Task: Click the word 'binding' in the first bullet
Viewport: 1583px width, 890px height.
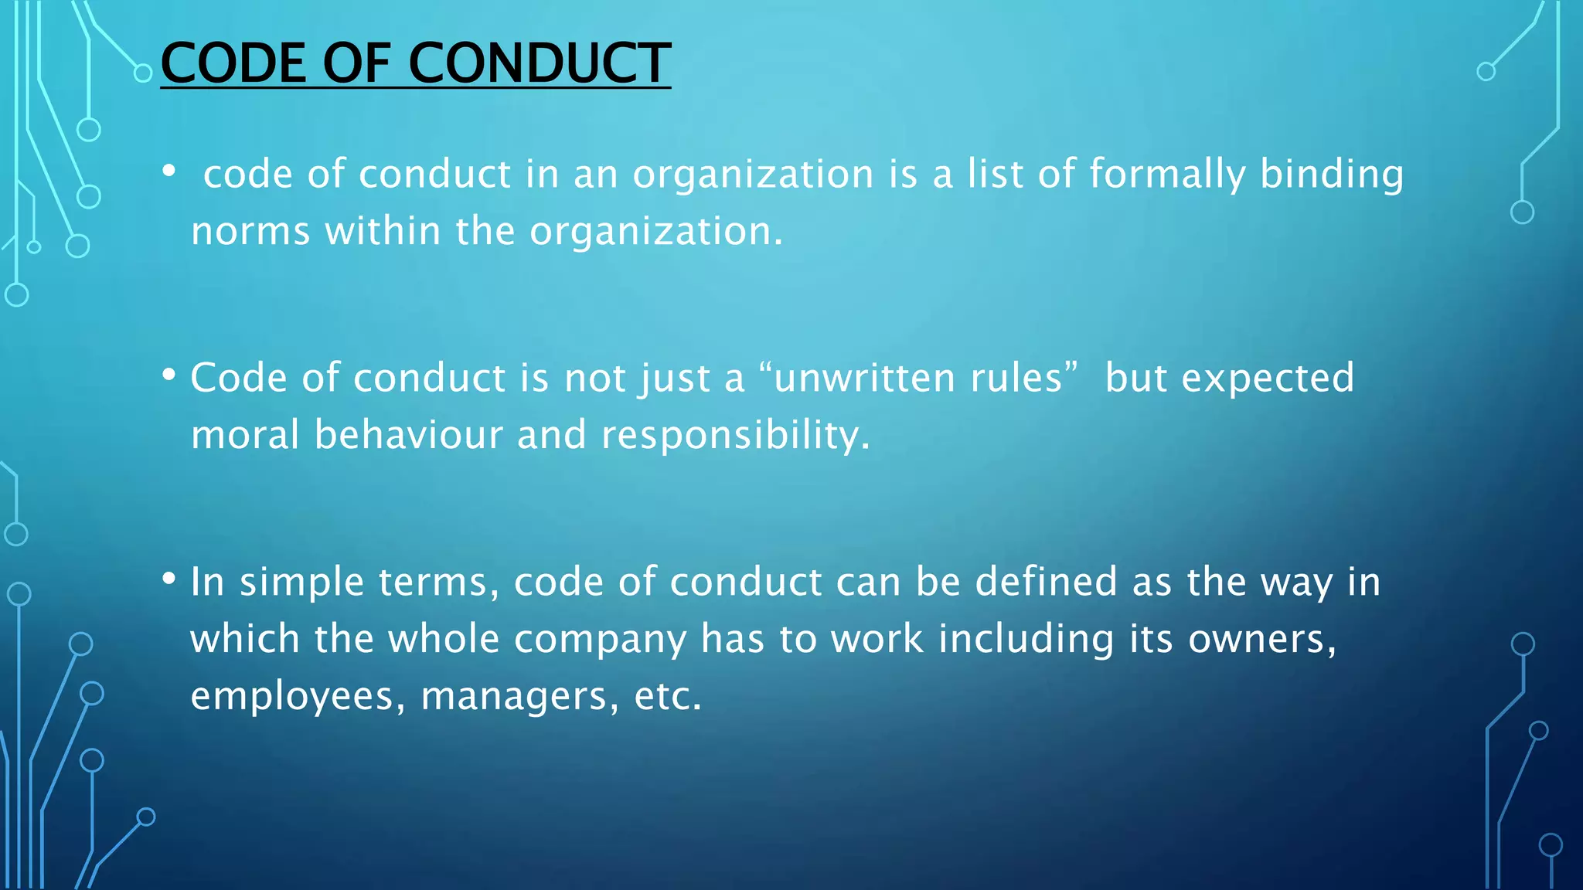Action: [x=1331, y=175]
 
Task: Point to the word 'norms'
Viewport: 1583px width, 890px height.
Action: [x=250, y=232]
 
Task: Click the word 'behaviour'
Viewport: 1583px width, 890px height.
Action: [x=409, y=435]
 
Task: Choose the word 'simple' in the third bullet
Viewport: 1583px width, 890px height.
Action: [x=301, y=583]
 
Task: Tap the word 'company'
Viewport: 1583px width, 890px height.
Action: [x=600, y=640]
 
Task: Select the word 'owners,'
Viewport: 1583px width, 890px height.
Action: [x=1262, y=640]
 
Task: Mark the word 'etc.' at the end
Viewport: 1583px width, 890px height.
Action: [x=668, y=697]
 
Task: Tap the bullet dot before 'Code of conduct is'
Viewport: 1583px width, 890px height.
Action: [x=169, y=375]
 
